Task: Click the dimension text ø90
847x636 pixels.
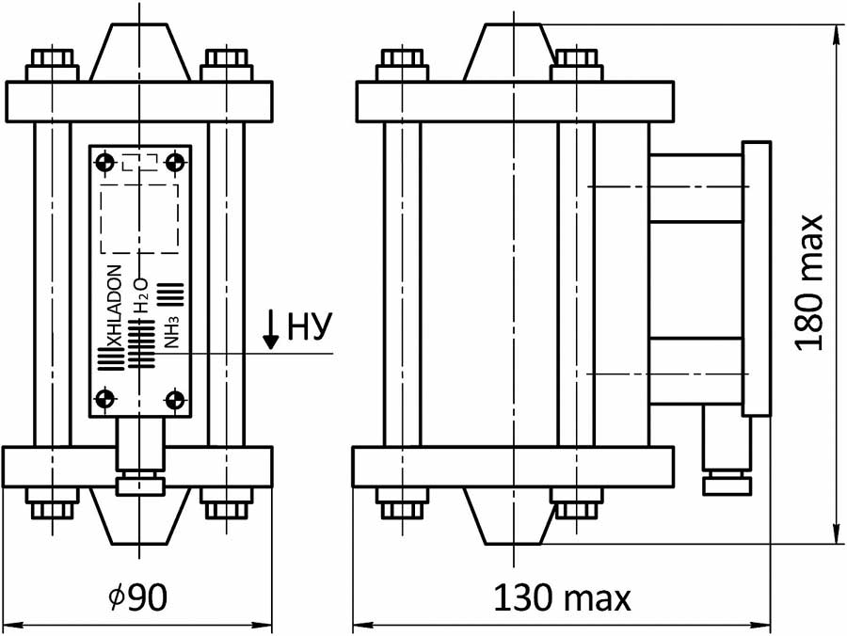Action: click(x=138, y=596)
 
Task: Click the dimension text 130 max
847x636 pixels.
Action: click(x=562, y=596)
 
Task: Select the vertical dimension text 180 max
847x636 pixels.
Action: click(x=808, y=281)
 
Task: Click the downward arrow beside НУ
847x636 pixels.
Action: click(x=271, y=329)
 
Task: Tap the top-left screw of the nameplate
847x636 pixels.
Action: click(x=104, y=163)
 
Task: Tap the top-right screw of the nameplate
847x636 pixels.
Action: click(x=174, y=163)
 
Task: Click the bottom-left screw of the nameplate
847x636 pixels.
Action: click(x=104, y=400)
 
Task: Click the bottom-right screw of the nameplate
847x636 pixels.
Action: click(x=174, y=400)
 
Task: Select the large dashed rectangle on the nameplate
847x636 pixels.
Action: click(x=139, y=218)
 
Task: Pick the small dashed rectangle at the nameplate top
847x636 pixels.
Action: click(x=139, y=161)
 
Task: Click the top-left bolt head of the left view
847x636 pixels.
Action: click(x=52, y=64)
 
